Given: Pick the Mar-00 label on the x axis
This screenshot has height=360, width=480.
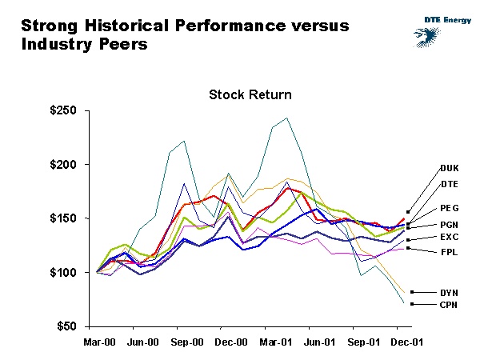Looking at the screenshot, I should point(98,342).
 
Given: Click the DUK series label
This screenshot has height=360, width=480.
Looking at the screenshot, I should point(450,168).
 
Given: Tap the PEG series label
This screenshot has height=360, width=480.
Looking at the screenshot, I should point(450,208).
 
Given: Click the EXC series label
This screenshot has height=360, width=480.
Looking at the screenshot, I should point(450,238).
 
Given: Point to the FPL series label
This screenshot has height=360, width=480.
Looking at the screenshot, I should point(449,252).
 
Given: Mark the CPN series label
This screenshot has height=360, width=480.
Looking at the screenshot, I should point(450,305).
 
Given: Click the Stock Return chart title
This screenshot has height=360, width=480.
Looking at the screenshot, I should point(250,94).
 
